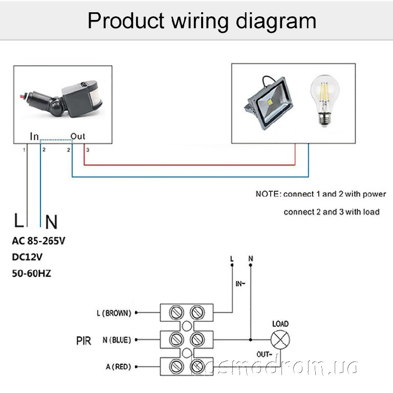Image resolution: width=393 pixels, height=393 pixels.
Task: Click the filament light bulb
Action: [324, 101]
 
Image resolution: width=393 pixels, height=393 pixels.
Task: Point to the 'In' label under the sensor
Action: [34, 136]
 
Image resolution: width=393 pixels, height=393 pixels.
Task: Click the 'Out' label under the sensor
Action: [78, 136]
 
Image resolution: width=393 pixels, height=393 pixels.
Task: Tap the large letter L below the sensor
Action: [19, 221]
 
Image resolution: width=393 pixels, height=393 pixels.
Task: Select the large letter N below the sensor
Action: [51, 222]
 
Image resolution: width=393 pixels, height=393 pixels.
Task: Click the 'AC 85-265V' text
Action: [39, 241]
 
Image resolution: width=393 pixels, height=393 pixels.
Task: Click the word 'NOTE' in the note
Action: [267, 194]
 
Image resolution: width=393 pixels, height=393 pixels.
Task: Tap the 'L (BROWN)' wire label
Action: [114, 312]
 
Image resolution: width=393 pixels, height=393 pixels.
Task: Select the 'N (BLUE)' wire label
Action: [116, 339]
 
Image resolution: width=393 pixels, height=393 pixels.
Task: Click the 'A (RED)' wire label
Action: [117, 366]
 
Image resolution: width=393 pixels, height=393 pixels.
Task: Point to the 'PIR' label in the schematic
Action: [83, 340]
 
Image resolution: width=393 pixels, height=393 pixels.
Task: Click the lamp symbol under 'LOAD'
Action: [280, 339]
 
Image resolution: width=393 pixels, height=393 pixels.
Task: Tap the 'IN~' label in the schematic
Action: [241, 282]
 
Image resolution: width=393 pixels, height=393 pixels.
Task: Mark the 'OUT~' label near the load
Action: [264, 354]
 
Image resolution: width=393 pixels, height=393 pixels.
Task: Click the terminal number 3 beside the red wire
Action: [88, 150]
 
